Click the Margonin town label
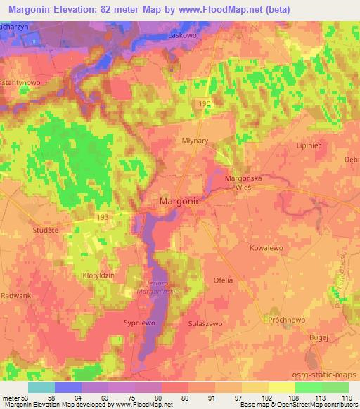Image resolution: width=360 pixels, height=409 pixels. pyautogui.click(x=181, y=201)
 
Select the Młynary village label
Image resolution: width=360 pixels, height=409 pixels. pyautogui.click(x=193, y=140)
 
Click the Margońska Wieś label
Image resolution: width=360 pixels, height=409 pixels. pyautogui.click(x=243, y=183)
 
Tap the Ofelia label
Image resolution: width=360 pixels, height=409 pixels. pyautogui.click(x=223, y=280)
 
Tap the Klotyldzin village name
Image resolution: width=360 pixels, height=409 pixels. pyautogui.click(x=98, y=275)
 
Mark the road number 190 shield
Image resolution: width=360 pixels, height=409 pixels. pyautogui.click(x=204, y=104)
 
